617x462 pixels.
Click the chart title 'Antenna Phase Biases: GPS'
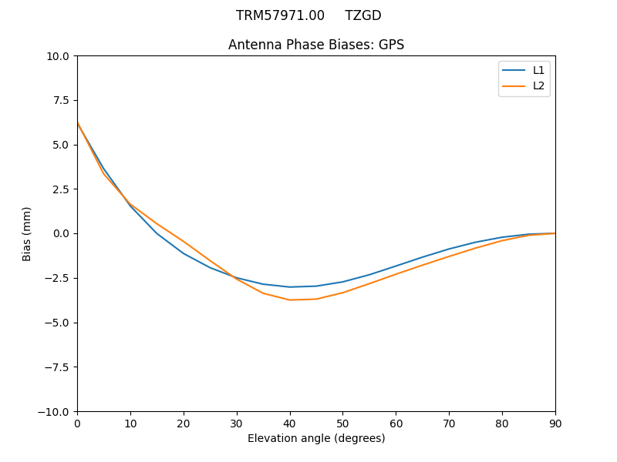click(316, 45)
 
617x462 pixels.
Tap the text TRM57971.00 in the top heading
click(280, 15)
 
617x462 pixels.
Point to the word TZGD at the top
click(363, 15)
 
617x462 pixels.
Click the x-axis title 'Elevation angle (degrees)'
click(316, 438)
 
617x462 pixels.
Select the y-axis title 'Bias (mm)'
click(27, 233)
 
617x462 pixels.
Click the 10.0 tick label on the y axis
click(58, 56)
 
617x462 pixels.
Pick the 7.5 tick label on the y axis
click(61, 100)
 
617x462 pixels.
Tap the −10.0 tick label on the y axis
click(54, 411)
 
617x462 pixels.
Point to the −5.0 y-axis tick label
click(57, 323)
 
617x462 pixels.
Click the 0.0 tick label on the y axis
click(61, 233)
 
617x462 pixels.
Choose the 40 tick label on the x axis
click(290, 423)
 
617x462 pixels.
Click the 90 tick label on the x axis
click(555, 423)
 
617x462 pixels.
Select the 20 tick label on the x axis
click(184, 423)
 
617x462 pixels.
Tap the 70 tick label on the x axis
click(449, 423)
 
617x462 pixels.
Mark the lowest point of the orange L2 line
click(290, 300)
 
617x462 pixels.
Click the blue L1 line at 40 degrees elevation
click(290, 287)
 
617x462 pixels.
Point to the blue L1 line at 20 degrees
click(184, 253)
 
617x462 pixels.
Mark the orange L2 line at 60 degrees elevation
click(396, 274)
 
